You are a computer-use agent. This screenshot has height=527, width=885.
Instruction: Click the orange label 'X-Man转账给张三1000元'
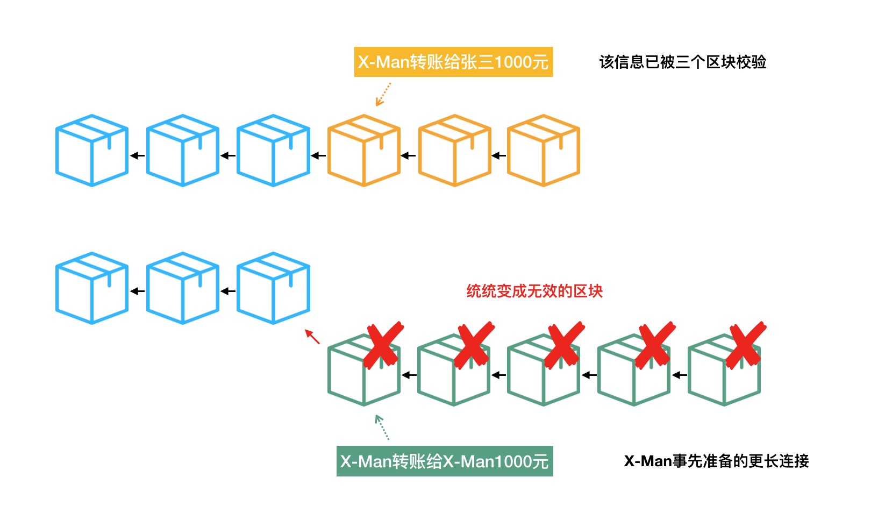click(453, 62)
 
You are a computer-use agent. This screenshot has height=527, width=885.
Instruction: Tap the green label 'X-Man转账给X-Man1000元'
click(445, 461)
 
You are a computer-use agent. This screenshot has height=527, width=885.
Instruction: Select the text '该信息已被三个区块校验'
click(682, 62)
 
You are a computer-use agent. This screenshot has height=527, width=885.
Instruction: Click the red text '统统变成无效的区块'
click(534, 291)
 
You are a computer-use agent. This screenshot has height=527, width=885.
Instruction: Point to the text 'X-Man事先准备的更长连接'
click(716, 461)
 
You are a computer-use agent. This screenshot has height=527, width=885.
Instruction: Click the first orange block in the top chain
click(364, 151)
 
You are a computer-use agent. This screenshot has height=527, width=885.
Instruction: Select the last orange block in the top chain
click(544, 151)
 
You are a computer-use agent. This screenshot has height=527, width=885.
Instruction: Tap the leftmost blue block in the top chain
click(92, 151)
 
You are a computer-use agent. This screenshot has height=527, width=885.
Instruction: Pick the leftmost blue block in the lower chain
click(92, 288)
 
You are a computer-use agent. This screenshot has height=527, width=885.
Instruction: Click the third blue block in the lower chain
click(273, 288)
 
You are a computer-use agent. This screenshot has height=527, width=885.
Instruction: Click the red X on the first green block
click(383, 345)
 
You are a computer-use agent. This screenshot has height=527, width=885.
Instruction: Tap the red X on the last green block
click(746, 345)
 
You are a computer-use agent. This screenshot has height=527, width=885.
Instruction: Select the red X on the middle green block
click(565, 345)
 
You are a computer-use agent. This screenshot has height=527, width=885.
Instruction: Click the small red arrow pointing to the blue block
click(312, 337)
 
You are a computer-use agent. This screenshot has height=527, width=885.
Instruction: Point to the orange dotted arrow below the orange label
click(383, 94)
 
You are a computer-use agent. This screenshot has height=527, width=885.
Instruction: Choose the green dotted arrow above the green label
click(382, 428)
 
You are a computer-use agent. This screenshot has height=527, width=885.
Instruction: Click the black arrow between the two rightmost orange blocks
click(499, 156)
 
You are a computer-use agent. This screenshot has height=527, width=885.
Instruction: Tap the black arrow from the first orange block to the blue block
click(318, 156)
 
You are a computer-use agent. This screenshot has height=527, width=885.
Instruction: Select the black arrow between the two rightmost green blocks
click(680, 375)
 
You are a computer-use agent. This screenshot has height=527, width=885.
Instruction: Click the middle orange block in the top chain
click(454, 151)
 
